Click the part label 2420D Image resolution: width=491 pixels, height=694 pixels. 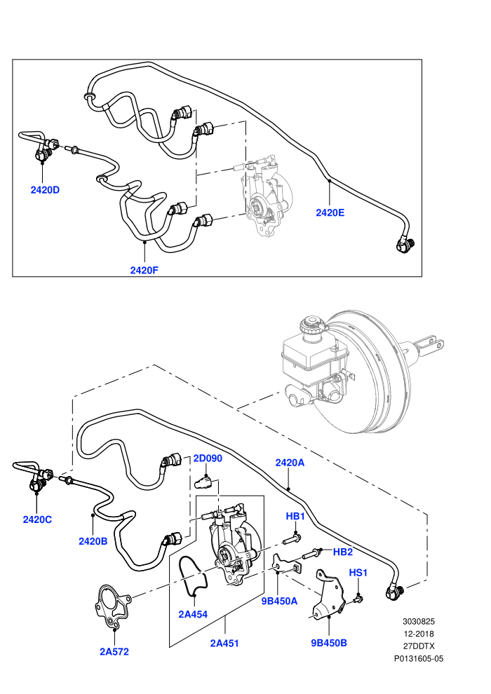point(45,190)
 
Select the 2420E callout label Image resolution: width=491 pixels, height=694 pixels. point(330,212)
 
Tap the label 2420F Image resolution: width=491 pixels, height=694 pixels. point(144,270)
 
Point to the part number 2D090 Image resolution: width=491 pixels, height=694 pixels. point(208,458)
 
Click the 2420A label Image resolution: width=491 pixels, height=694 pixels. point(290,463)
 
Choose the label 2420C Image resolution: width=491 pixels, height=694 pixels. point(37,519)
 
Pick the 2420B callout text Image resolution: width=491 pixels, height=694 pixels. point(93,541)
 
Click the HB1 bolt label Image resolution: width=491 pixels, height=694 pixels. point(295,516)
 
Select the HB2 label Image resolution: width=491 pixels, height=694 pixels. point(343,552)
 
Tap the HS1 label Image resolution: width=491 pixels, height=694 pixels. point(358,573)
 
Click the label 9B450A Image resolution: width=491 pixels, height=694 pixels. point(279,601)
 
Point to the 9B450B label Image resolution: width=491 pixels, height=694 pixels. point(329,643)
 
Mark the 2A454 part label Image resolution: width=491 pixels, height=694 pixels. point(193,614)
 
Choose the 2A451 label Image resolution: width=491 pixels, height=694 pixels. point(224,643)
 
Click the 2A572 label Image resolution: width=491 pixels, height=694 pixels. point(114,651)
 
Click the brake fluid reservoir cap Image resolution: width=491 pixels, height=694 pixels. point(311,326)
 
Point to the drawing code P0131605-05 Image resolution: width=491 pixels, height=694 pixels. point(419,658)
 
